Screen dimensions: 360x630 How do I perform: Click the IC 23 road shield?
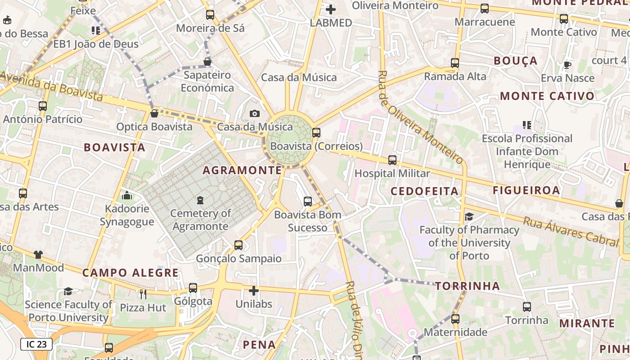[36, 344]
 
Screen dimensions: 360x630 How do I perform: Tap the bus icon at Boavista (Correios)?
[316, 132]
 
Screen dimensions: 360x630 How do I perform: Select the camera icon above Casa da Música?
[255, 113]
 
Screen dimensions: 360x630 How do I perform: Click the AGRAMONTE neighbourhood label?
[242, 170]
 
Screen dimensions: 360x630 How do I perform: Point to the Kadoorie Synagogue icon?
[127, 195]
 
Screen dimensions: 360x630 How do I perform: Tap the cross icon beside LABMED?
[331, 9]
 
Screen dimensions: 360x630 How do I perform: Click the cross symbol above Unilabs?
[254, 291]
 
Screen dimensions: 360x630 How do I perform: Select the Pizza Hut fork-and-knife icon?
[143, 294]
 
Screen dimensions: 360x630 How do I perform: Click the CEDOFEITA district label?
[424, 191]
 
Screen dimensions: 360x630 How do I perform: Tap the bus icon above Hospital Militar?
[392, 160]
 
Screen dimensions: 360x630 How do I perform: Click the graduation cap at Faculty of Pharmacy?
[469, 217]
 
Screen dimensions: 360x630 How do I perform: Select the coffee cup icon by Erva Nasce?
[567, 65]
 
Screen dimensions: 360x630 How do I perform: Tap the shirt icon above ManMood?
[38, 255]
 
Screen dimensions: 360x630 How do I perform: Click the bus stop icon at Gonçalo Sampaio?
[238, 245]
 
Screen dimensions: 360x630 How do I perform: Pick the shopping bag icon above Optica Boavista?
[154, 113]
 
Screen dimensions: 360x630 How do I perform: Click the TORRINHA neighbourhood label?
[468, 286]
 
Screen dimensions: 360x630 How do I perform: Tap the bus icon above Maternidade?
[455, 319]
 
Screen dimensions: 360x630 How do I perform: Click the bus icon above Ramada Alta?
[455, 63]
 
